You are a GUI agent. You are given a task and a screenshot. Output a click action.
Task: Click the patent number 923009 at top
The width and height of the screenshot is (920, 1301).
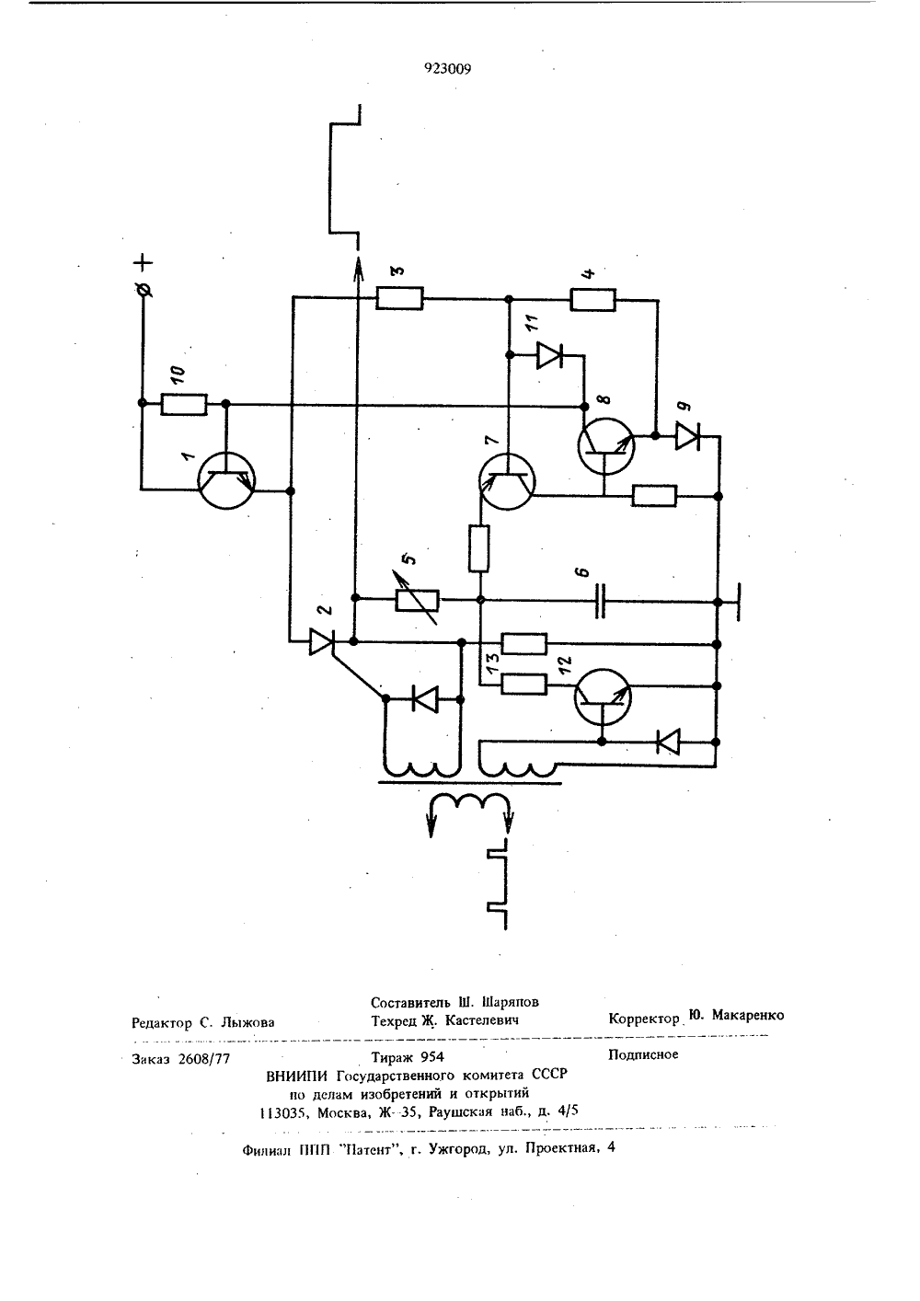(x=447, y=69)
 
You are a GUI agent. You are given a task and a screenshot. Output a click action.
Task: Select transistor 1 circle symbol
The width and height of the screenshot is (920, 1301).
(x=226, y=481)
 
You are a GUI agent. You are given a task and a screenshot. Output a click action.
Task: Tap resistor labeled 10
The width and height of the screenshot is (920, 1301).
(x=183, y=404)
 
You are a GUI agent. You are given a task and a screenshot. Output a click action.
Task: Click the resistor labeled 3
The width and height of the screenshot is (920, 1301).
(x=399, y=298)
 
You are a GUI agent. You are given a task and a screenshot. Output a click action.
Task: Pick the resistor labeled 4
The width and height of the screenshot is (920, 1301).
(x=593, y=300)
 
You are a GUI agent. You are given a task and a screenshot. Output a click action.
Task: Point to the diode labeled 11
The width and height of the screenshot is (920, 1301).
(x=549, y=355)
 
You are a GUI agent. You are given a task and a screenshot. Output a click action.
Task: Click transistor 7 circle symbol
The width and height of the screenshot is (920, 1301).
(x=507, y=482)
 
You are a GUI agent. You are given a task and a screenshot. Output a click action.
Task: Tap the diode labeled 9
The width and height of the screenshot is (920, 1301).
(x=688, y=436)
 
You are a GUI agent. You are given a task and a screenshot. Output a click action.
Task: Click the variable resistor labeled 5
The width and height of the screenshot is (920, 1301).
(x=417, y=600)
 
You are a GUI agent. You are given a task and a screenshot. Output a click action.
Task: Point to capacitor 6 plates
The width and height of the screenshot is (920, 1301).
(x=600, y=602)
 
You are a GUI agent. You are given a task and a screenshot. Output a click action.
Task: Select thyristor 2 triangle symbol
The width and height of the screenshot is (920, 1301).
(x=320, y=642)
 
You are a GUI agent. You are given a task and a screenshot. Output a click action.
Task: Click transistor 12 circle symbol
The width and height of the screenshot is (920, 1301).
(x=603, y=697)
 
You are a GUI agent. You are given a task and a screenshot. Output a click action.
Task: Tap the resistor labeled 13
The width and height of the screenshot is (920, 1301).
(x=523, y=685)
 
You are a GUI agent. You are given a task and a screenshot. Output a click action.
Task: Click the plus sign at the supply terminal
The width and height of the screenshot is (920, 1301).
(x=144, y=263)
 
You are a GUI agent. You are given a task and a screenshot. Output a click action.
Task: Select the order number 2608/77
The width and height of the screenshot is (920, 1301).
(x=204, y=1059)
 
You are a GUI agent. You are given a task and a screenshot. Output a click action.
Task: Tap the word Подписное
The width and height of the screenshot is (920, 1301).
(x=643, y=1054)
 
